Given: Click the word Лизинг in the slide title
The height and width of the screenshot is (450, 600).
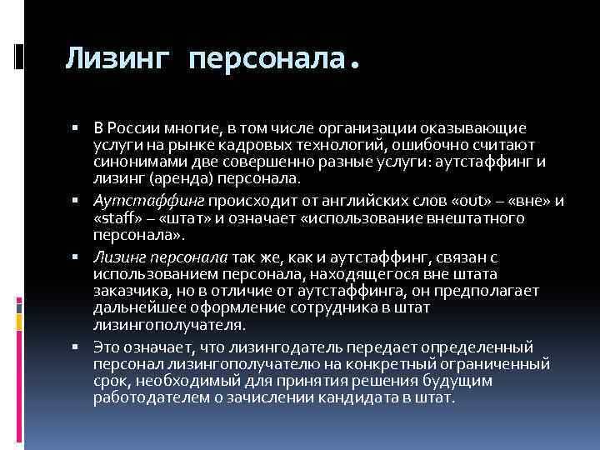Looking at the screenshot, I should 118,58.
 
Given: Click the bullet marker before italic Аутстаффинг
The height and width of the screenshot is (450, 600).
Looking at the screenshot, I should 75,201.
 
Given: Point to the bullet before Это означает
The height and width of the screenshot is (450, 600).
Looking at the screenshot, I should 75,347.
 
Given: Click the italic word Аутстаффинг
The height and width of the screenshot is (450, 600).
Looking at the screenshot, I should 149,201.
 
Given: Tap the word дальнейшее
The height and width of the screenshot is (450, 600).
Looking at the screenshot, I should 138,306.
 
